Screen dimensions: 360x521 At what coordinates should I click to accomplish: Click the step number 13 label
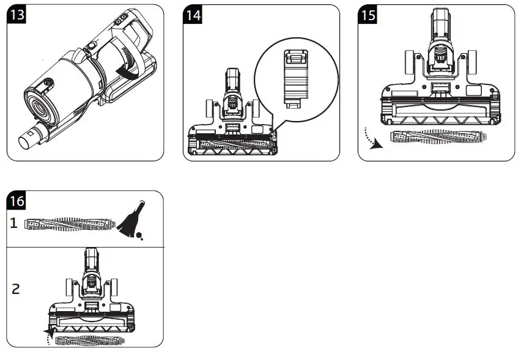18,15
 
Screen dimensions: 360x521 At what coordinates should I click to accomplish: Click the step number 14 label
194,15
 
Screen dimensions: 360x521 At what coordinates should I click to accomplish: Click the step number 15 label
368,15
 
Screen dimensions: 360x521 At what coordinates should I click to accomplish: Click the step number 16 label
17,200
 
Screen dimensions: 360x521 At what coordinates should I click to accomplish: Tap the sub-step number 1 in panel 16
13,223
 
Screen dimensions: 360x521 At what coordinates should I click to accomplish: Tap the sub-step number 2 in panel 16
15,288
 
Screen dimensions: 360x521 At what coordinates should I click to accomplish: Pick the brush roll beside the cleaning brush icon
69,224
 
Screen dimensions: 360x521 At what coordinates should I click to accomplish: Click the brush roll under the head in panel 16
87,340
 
